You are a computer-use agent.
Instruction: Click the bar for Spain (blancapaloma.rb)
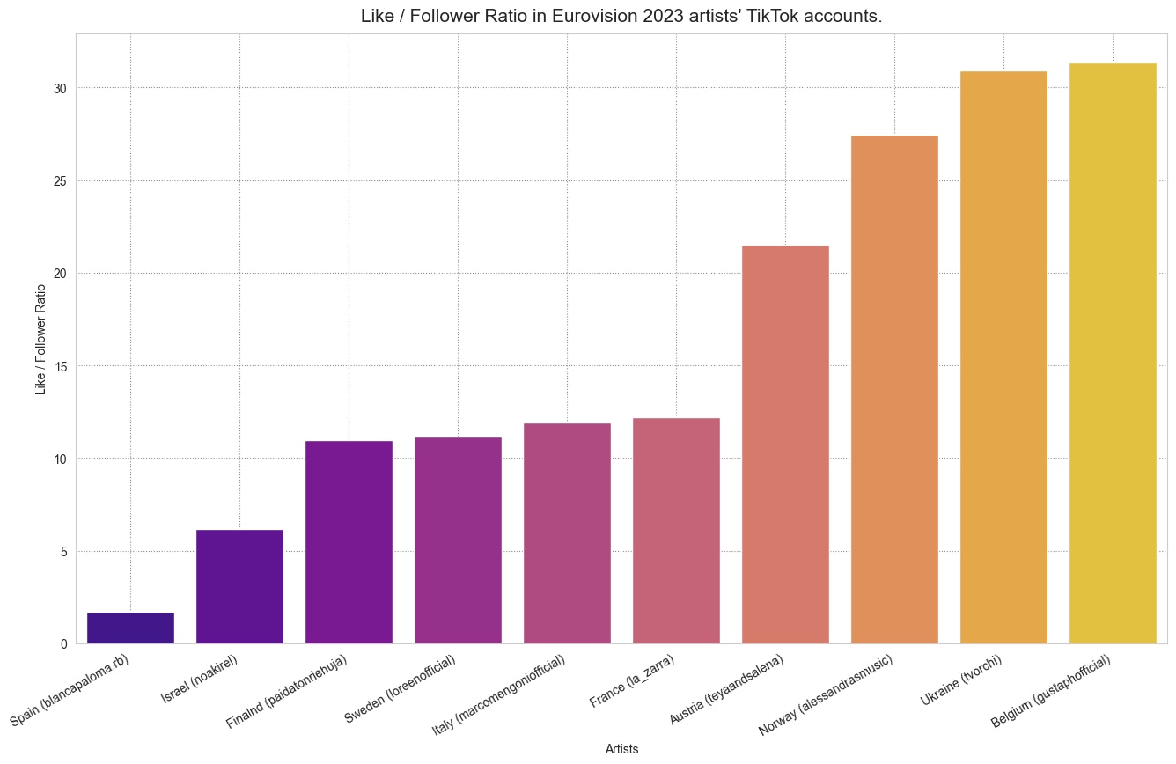tap(130, 628)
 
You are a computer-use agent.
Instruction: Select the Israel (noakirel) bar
tap(239, 586)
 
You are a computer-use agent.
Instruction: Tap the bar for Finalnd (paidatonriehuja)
tap(349, 542)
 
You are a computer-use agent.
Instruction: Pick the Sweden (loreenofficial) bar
tap(458, 540)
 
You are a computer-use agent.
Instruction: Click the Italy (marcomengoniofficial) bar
tap(567, 533)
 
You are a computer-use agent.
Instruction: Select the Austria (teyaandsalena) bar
tap(785, 444)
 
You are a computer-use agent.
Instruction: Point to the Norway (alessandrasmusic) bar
tap(894, 389)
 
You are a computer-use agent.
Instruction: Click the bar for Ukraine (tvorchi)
tap(1003, 357)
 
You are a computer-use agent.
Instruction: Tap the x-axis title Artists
tap(621, 749)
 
